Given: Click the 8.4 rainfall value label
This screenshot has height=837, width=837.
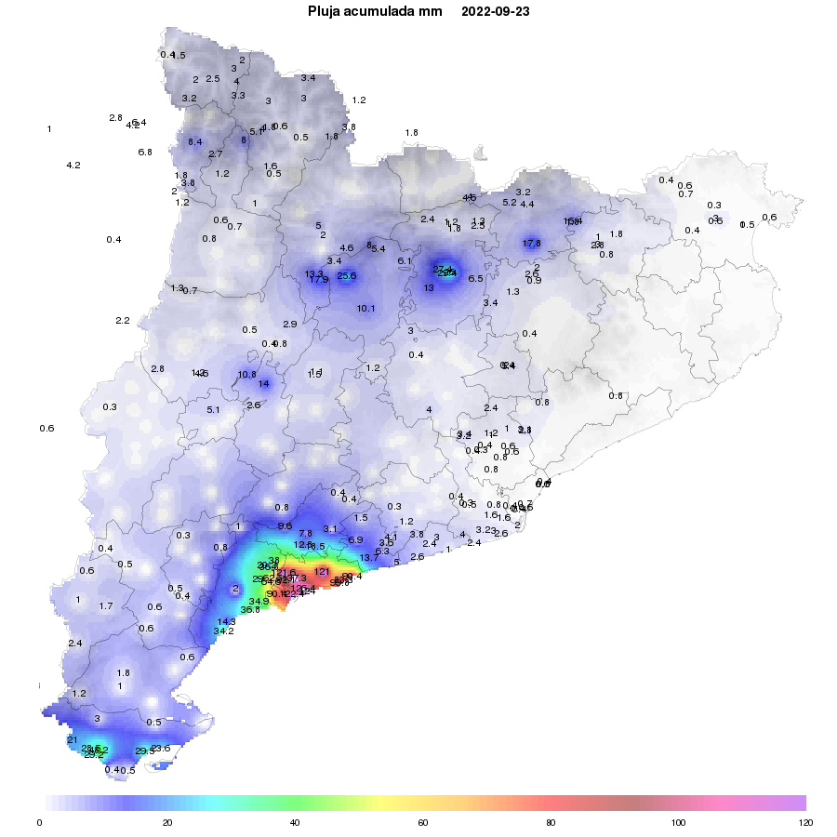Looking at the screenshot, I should coord(194,141).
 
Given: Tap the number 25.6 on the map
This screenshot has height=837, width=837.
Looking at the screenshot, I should coord(347,276).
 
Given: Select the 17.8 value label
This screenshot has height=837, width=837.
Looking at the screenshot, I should coord(531,244).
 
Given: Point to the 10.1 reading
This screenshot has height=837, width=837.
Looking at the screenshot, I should coord(365,309).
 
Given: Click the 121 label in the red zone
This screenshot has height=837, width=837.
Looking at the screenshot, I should coord(322,572).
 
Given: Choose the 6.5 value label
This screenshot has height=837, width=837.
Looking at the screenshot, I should coord(475,279).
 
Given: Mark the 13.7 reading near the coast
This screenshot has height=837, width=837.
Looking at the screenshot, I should coord(369,558).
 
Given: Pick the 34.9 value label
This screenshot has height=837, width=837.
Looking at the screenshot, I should coord(259,602).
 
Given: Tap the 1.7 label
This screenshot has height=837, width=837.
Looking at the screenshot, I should coord(106,606).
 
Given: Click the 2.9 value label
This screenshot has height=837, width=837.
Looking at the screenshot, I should coord(289,325).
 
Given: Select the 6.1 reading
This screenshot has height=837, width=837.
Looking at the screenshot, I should coord(405,261).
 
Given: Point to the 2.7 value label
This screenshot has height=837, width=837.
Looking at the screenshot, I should coord(215,154).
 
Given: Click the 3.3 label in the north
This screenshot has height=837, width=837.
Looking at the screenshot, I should coord(238,96).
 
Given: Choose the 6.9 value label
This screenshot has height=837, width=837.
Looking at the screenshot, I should coord(355,540).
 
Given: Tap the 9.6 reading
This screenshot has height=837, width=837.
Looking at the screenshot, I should coord(285,526).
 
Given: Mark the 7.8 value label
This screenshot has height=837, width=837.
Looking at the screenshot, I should coord(305,534).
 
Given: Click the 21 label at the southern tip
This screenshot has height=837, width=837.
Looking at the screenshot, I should coord(72,740).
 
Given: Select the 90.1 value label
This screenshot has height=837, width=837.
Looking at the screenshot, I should coord(276,594).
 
